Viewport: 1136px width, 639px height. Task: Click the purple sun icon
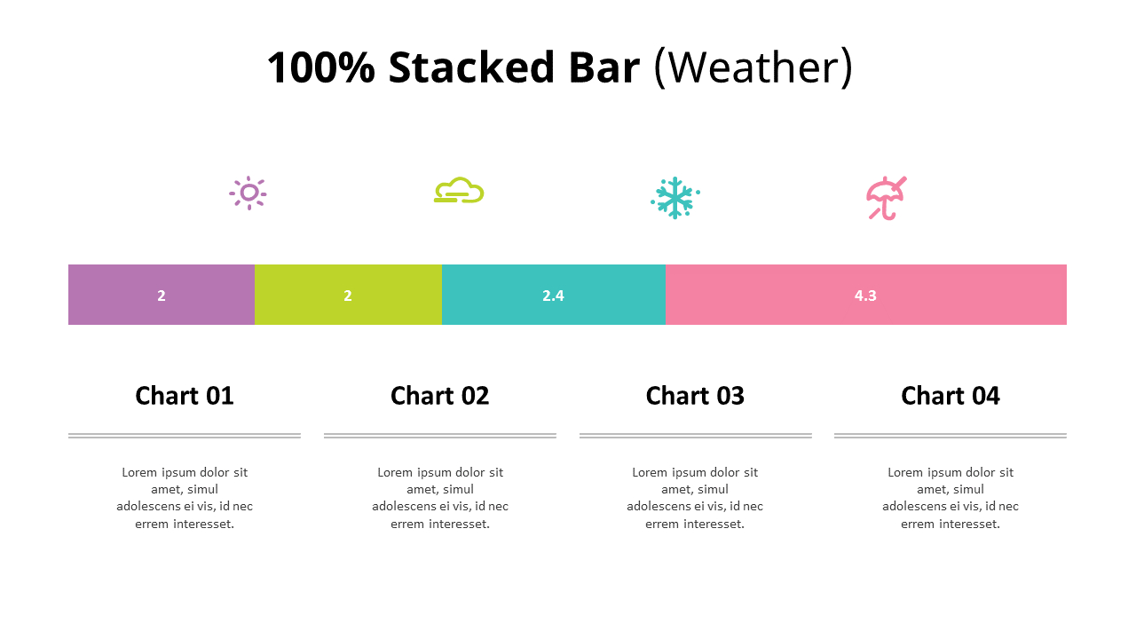click(248, 193)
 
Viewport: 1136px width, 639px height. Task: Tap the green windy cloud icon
click(459, 191)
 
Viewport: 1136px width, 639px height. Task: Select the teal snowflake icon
click(674, 197)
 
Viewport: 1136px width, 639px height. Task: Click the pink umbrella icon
click(886, 198)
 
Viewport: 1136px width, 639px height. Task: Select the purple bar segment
click(124, 295)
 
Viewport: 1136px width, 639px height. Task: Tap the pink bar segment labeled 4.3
click(958, 295)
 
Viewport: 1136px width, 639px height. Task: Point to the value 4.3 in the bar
click(865, 296)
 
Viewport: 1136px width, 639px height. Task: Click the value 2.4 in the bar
click(553, 296)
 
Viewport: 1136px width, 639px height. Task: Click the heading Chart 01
click(185, 395)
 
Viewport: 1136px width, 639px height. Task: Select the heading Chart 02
click(440, 395)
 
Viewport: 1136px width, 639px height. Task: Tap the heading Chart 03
click(695, 395)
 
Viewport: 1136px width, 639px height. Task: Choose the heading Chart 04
click(951, 395)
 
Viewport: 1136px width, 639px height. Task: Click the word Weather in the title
click(753, 68)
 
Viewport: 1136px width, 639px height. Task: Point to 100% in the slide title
click(320, 68)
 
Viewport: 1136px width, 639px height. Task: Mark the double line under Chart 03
click(695, 436)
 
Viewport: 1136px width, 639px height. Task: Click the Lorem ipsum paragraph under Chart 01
click(185, 498)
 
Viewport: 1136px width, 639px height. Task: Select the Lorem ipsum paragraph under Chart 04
click(951, 498)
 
